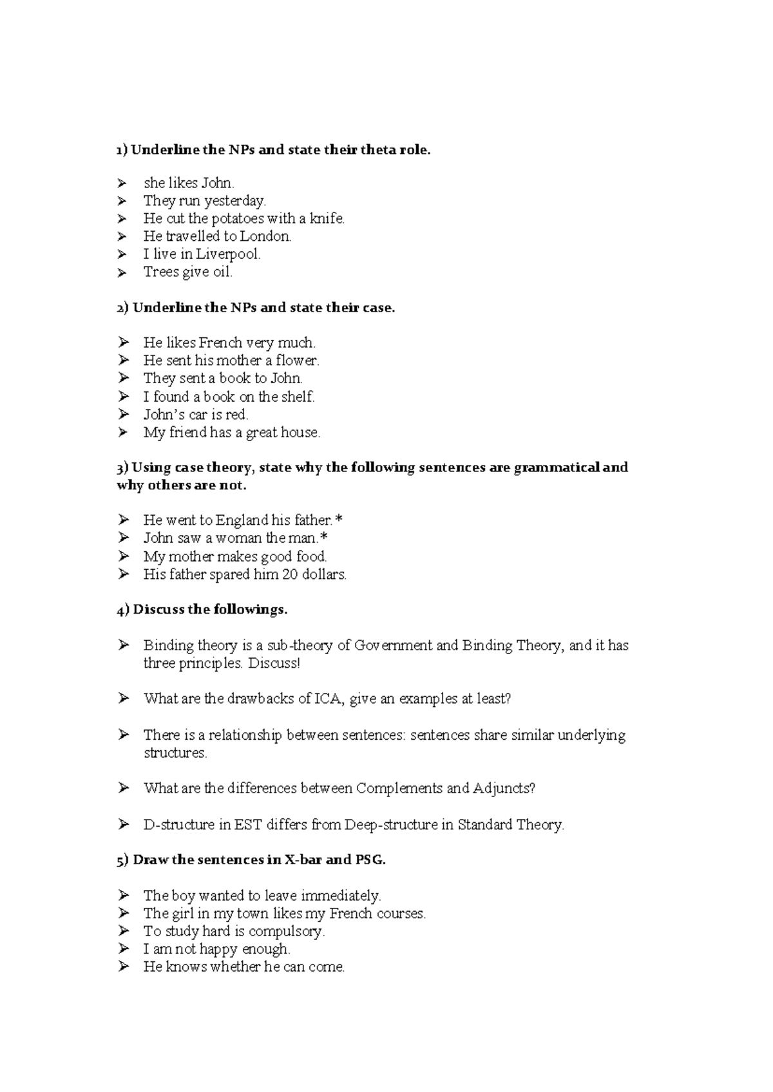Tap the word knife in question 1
tap(327, 219)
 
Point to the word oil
tap(222, 272)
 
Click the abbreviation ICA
tap(330, 699)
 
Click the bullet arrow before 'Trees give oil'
tap(123, 273)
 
